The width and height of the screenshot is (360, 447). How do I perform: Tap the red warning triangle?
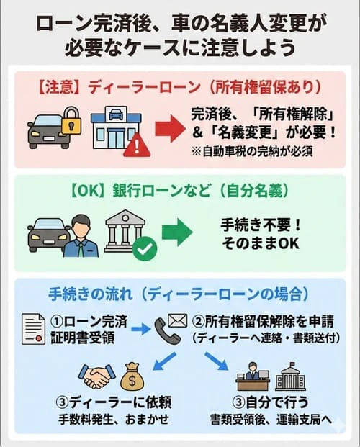(x=137, y=146)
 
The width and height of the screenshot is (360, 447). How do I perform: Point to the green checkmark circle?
(x=145, y=250)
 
